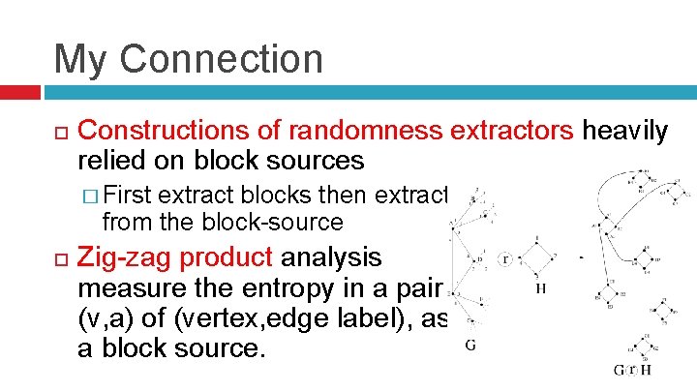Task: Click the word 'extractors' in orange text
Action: click(x=515, y=132)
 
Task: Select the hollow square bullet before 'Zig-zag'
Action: click(x=59, y=258)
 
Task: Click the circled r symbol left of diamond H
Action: click(x=505, y=260)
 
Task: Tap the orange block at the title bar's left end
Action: click(x=19, y=93)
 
